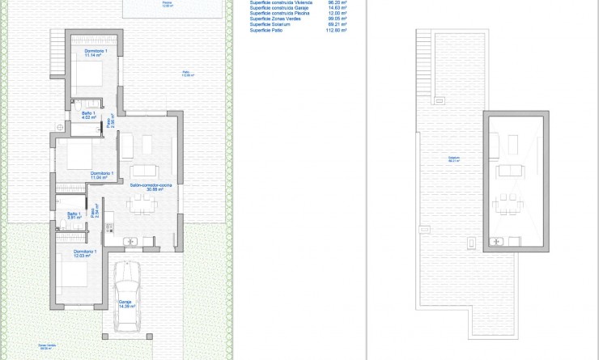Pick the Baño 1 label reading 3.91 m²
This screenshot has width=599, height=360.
74,215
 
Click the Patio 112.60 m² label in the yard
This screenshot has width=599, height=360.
188,74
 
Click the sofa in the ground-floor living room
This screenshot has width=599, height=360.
146,170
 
